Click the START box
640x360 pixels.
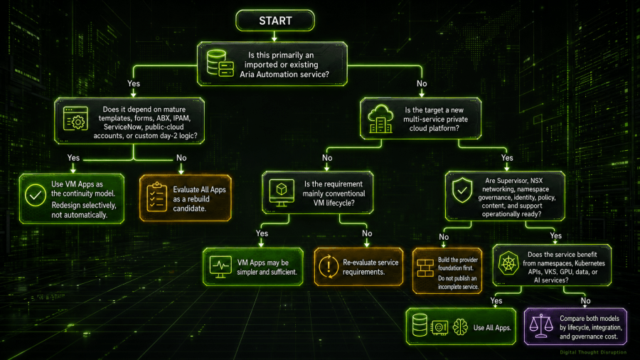(x=275, y=21)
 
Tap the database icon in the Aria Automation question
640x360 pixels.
(x=220, y=63)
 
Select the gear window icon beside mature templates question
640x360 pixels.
(x=75, y=119)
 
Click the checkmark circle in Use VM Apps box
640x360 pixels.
(x=36, y=195)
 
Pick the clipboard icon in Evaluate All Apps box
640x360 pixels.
(x=156, y=197)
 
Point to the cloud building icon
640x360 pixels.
(x=380, y=119)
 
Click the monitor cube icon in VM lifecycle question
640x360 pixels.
(x=282, y=192)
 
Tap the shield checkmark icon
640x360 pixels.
(x=462, y=190)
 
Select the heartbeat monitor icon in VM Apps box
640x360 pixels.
(x=220, y=267)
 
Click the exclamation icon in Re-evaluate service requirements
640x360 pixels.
(x=329, y=267)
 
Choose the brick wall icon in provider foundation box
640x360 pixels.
(x=425, y=268)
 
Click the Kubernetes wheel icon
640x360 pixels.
(x=508, y=263)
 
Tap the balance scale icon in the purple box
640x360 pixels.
(x=541, y=326)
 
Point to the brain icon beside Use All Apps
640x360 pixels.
(x=460, y=327)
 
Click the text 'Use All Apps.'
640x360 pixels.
(x=492, y=328)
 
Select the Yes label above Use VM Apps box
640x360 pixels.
(x=73, y=158)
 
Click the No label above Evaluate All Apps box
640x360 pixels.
(x=181, y=158)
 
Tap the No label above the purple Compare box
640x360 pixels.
(x=586, y=301)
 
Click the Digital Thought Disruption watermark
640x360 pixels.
(x=593, y=352)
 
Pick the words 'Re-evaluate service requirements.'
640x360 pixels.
(x=370, y=268)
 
